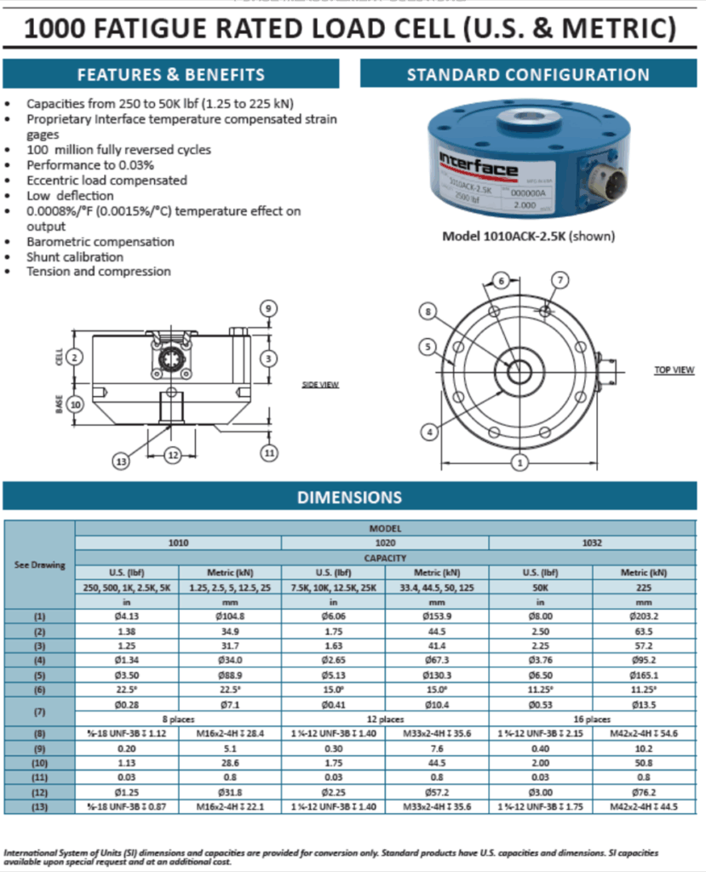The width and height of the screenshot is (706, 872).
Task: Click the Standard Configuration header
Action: (x=528, y=74)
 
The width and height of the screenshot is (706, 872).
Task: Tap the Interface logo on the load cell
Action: (x=479, y=165)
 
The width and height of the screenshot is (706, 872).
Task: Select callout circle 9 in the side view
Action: (x=268, y=308)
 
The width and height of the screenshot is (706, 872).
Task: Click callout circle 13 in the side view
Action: (x=122, y=461)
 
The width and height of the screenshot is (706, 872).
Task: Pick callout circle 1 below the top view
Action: (x=518, y=462)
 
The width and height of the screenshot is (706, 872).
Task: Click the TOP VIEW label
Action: (x=674, y=370)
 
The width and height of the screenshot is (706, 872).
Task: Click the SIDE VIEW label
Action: (x=320, y=385)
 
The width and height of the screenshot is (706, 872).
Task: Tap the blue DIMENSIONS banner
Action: (x=349, y=497)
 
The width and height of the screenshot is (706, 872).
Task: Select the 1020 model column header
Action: (x=385, y=542)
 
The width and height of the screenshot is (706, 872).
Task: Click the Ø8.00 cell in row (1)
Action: (x=541, y=614)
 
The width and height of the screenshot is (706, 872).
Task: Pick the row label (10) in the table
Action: (x=41, y=761)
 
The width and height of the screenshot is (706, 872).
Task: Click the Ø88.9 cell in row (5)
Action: (x=230, y=674)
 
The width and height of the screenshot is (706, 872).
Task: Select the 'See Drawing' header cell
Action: (x=41, y=565)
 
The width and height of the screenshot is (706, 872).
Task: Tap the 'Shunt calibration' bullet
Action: (x=75, y=256)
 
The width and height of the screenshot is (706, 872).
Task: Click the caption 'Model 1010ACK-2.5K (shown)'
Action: (x=528, y=236)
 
